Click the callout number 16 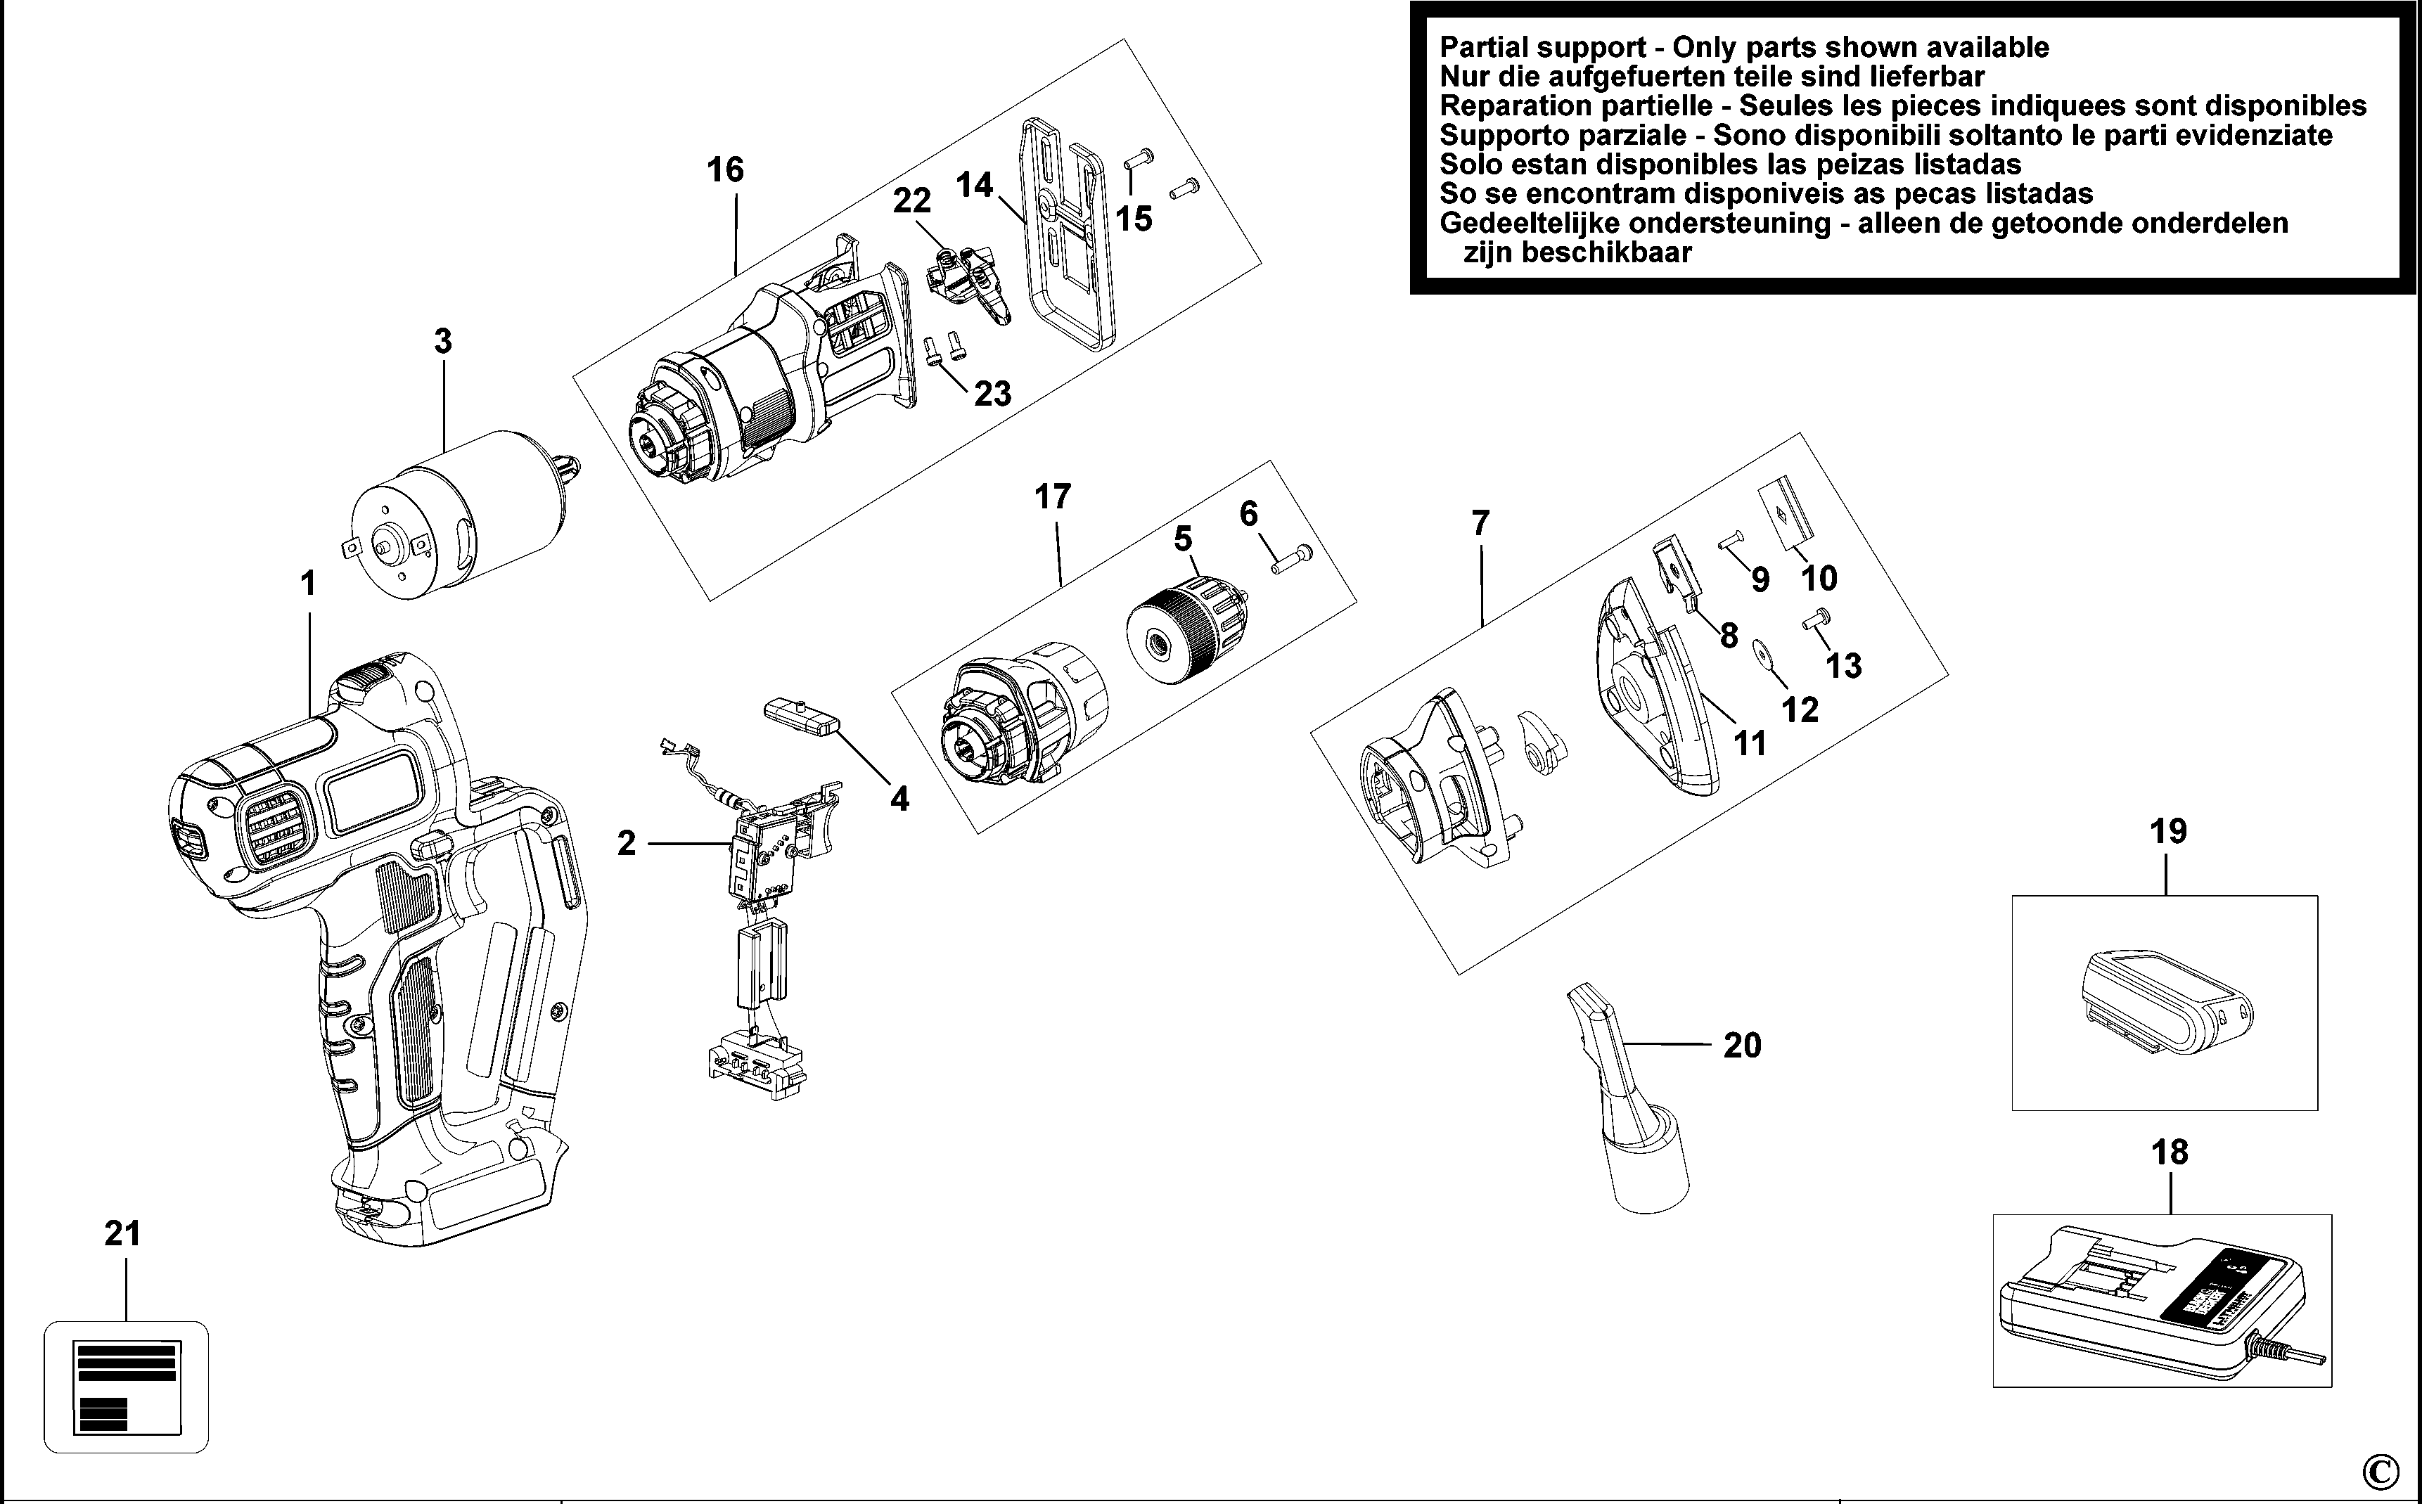pyautogui.click(x=725, y=170)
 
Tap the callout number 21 pyautogui.click(x=122, y=1233)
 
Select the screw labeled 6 pyautogui.click(x=1292, y=559)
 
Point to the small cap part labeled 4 pyautogui.click(x=802, y=716)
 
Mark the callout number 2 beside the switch pyautogui.click(x=626, y=844)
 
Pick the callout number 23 pyautogui.click(x=992, y=394)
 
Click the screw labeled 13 pyautogui.click(x=1817, y=621)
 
